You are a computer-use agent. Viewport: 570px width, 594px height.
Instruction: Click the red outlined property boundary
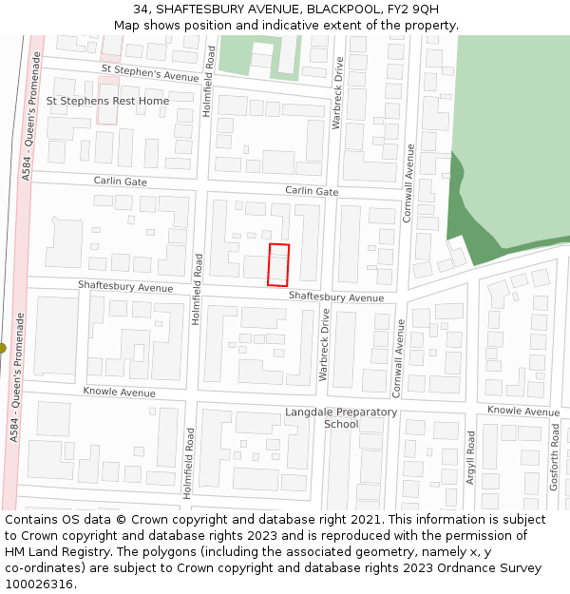tap(277, 264)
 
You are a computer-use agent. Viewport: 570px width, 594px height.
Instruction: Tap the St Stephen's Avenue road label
tap(149, 74)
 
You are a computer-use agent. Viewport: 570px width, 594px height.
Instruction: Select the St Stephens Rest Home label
tap(107, 101)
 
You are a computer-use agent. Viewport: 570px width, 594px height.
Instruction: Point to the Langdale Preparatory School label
tap(341, 418)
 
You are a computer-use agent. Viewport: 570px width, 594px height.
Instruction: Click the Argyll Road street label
tap(470, 457)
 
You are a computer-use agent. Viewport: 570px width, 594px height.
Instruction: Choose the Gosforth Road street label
tap(554, 457)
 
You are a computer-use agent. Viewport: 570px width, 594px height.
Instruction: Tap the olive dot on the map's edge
tap(2, 348)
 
